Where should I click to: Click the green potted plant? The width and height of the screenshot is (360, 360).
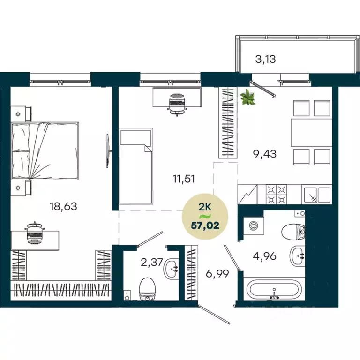point(247,97)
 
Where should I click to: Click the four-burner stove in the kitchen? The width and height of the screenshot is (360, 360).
point(276,194)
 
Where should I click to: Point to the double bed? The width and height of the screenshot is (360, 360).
point(45,150)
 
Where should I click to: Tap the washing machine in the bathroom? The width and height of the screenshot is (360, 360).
point(254,226)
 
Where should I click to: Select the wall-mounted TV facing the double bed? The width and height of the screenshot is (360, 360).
point(109,150)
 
